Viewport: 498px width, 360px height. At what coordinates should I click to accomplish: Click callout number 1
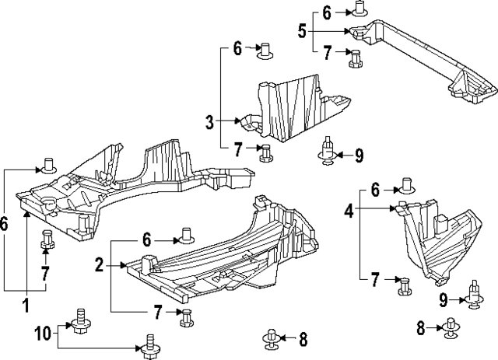click(x=25, y=305)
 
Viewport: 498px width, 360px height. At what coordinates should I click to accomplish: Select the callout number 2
click(x=100, y=266)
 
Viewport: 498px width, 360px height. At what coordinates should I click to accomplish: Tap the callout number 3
click(x=209, y=121)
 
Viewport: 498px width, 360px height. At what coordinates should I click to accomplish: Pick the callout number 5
click(x=301, y=32)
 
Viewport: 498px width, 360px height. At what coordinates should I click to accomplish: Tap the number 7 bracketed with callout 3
click(x=238, y=148)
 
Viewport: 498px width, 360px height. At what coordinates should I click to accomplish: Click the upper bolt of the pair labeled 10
click(x=79, y=318)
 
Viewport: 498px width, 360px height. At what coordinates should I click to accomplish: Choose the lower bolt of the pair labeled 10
click(x=147, y=341)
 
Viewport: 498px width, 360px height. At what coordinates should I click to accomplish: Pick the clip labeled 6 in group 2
click(x=186, y=233)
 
